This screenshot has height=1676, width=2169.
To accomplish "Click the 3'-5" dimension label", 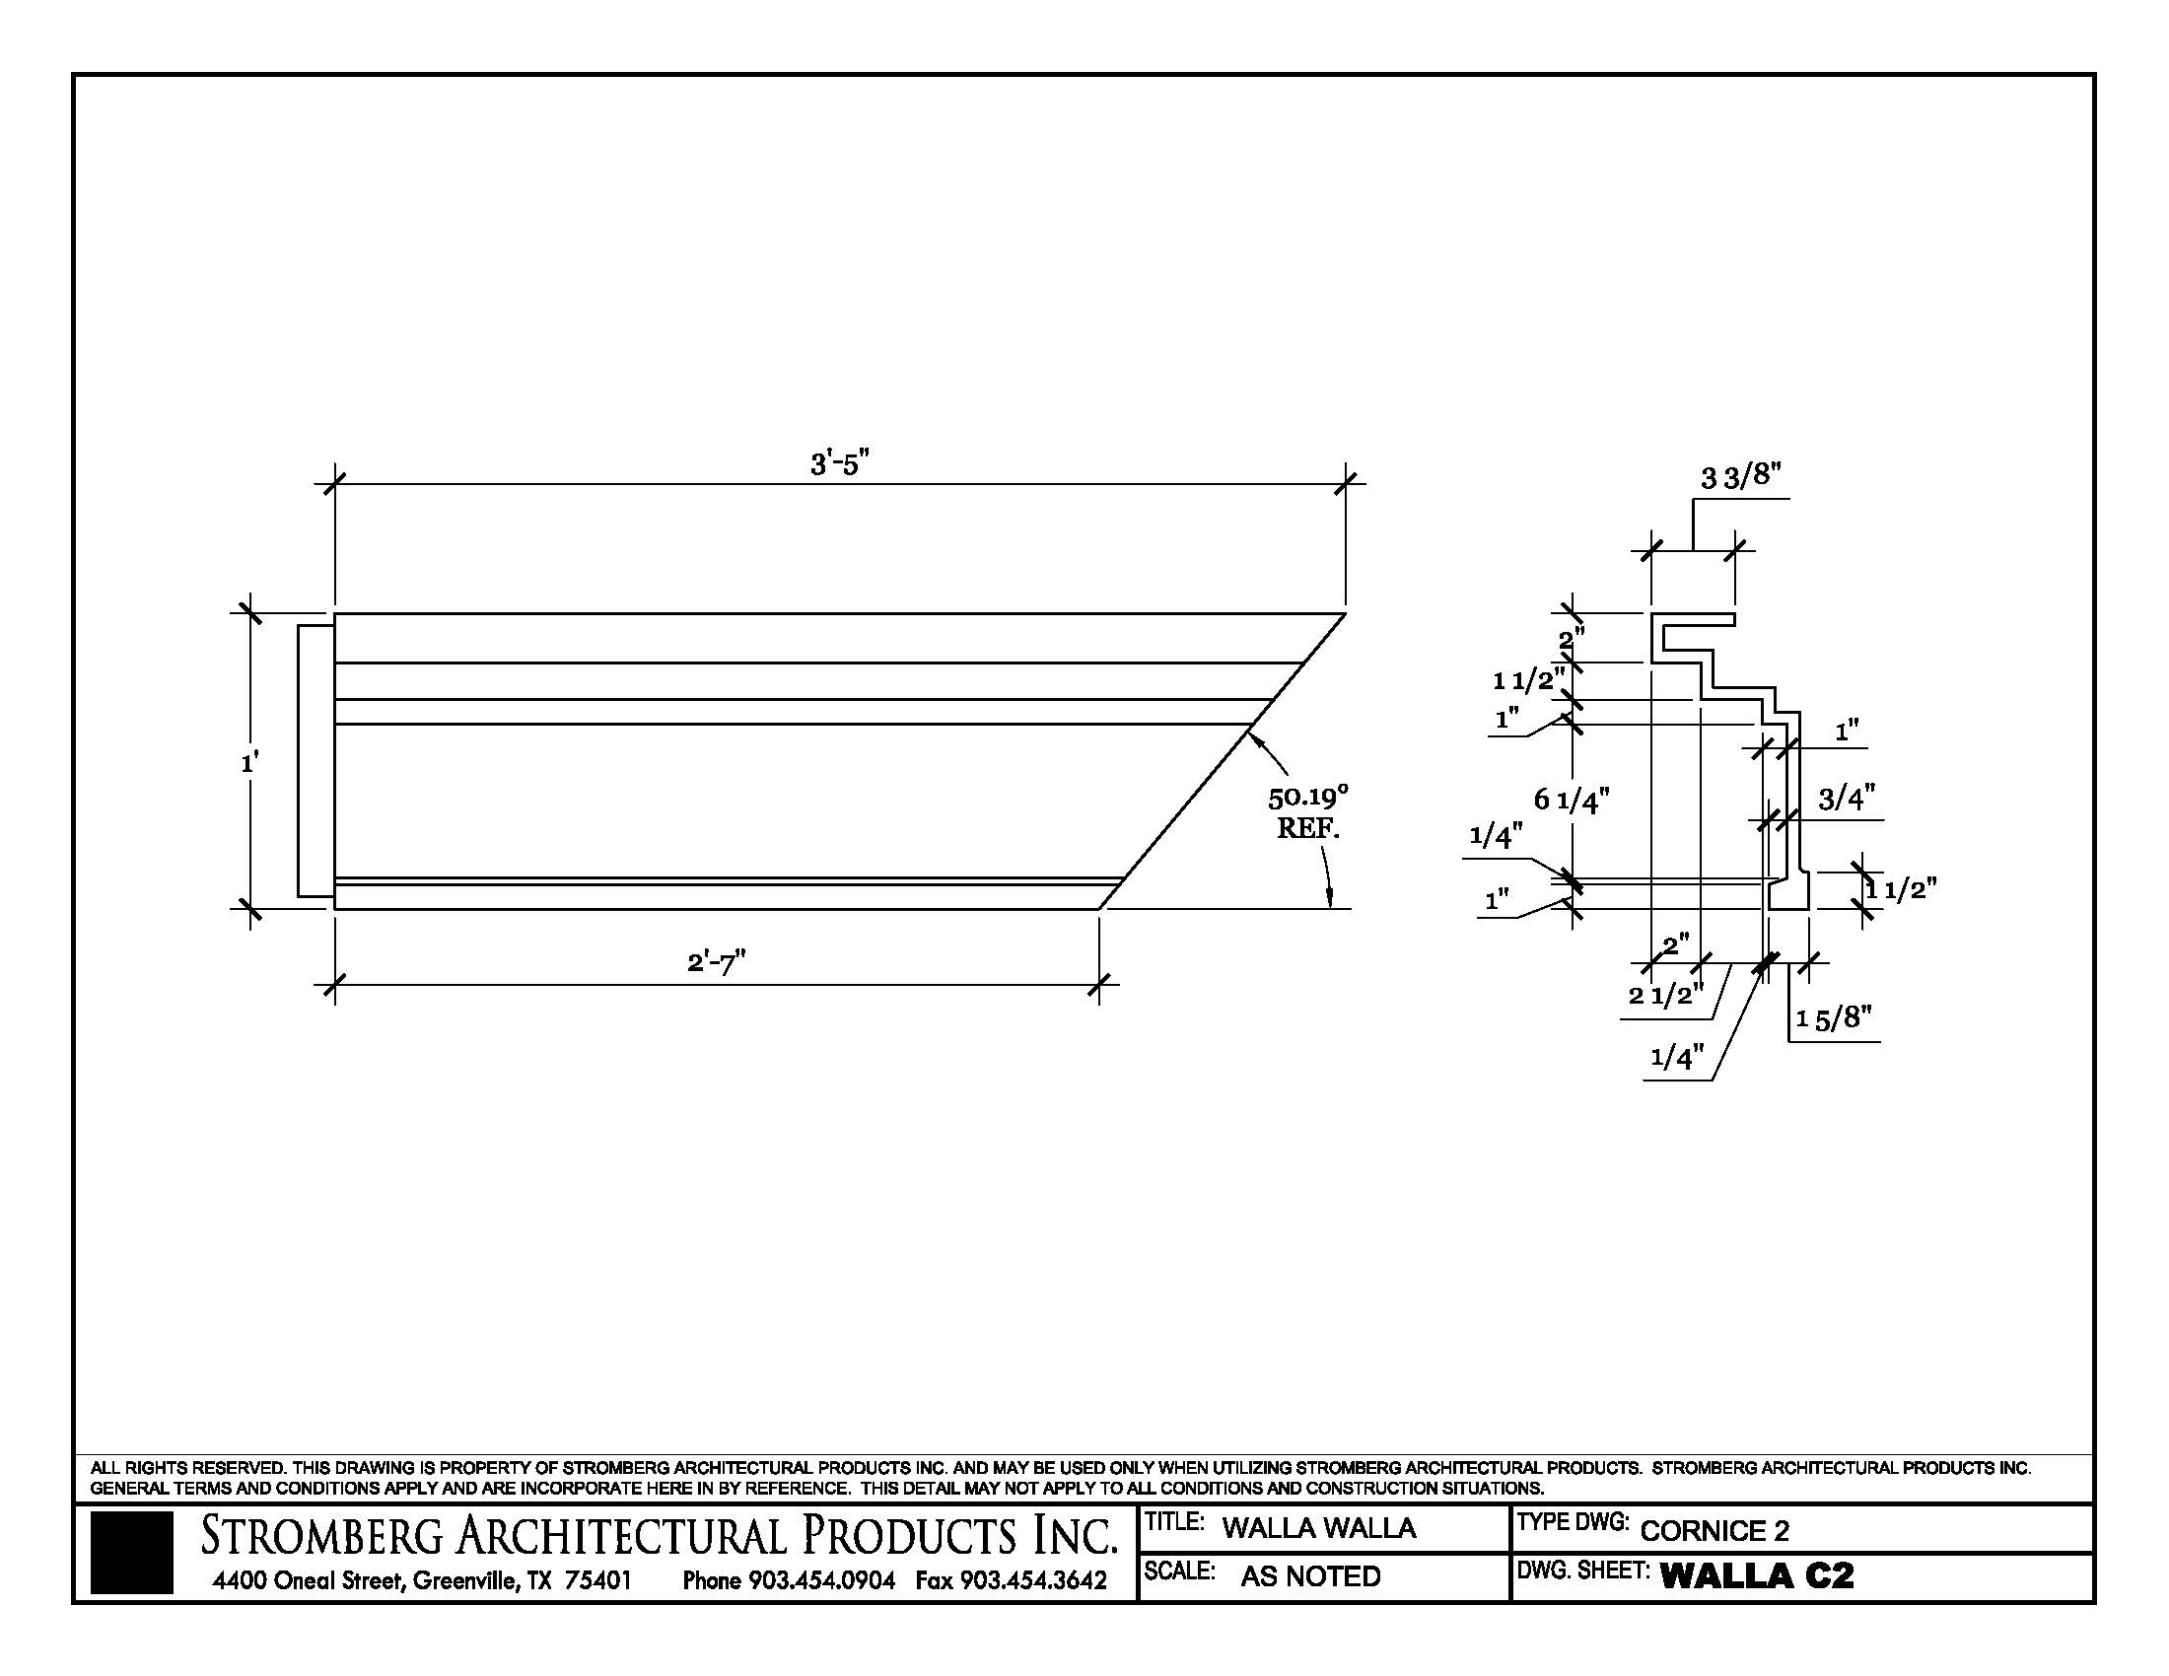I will [839, 462].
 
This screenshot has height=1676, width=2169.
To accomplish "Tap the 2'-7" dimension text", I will [716, 962].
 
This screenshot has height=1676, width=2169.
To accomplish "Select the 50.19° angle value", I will [1308, 797].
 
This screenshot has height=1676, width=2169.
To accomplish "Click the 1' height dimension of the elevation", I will [249, 762].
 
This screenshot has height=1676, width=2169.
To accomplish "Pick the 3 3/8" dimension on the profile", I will [1741, 476].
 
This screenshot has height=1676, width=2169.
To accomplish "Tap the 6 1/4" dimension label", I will [1572, 800].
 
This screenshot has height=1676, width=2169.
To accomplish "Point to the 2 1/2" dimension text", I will [1665, 994].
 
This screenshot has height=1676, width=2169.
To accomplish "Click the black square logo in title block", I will [131, 1553].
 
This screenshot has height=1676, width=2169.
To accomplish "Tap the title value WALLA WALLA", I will [1318, 1528].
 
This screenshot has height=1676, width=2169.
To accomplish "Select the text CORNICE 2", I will [1714, 1531].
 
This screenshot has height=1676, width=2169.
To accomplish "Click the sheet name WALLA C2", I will [1756, 1575].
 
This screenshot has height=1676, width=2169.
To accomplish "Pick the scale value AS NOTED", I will [1310, 1576].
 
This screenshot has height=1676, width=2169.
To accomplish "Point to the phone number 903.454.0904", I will [821, 1579].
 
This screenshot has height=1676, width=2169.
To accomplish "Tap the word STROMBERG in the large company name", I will [321, 1536].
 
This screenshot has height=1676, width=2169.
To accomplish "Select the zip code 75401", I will [597, 1579].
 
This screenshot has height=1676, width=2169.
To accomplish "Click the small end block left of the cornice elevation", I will [315, 761].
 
